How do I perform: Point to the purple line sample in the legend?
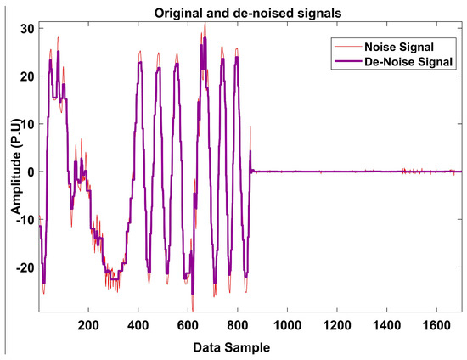(351, 61)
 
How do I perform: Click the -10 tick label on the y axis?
(23, 219)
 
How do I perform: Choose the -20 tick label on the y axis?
(23, 267)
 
